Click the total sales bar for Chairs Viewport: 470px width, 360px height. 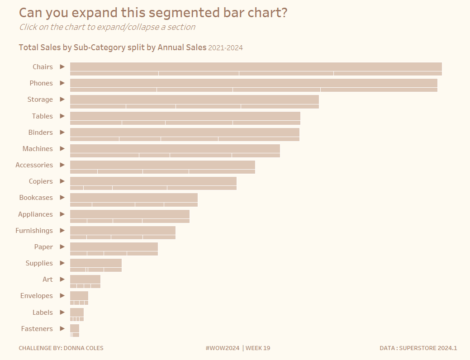(x=256, y=66)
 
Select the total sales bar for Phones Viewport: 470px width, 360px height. (x=253, y=83)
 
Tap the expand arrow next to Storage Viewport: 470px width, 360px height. (x=62, y=99)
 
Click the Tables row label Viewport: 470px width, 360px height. (x=42, y=116)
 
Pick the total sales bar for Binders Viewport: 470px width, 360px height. (x=185, y=132)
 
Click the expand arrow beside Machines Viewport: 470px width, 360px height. (x=62, y=148)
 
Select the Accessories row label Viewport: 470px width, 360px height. (x=34, y=165)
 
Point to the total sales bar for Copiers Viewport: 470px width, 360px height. (x=153, y=181)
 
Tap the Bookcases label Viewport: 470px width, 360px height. (x=36, y=198)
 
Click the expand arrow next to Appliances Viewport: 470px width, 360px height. (x=62, y=214)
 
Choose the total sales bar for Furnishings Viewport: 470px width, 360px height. (x=123, y=230)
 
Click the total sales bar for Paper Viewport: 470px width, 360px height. (x=114, y=246)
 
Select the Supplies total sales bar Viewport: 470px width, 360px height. (x=95, y=263)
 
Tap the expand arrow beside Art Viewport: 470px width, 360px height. (x=62, y=279)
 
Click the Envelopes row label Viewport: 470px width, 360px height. (x=36, y=296)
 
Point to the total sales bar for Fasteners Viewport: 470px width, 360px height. (x=75, y=328)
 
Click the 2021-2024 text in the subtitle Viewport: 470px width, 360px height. (x=226, y=48)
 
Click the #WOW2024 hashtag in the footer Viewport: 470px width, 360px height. (x=222, y=348)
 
